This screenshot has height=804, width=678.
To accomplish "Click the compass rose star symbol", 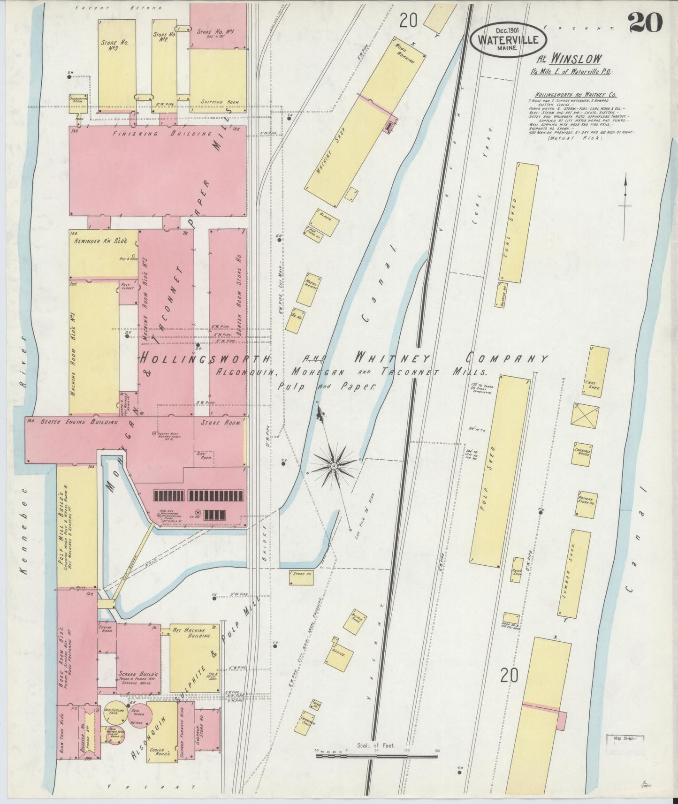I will [333, 465].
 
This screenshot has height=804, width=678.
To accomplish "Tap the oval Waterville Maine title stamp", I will [508, 40].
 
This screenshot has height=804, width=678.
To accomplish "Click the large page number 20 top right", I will [645, 23].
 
